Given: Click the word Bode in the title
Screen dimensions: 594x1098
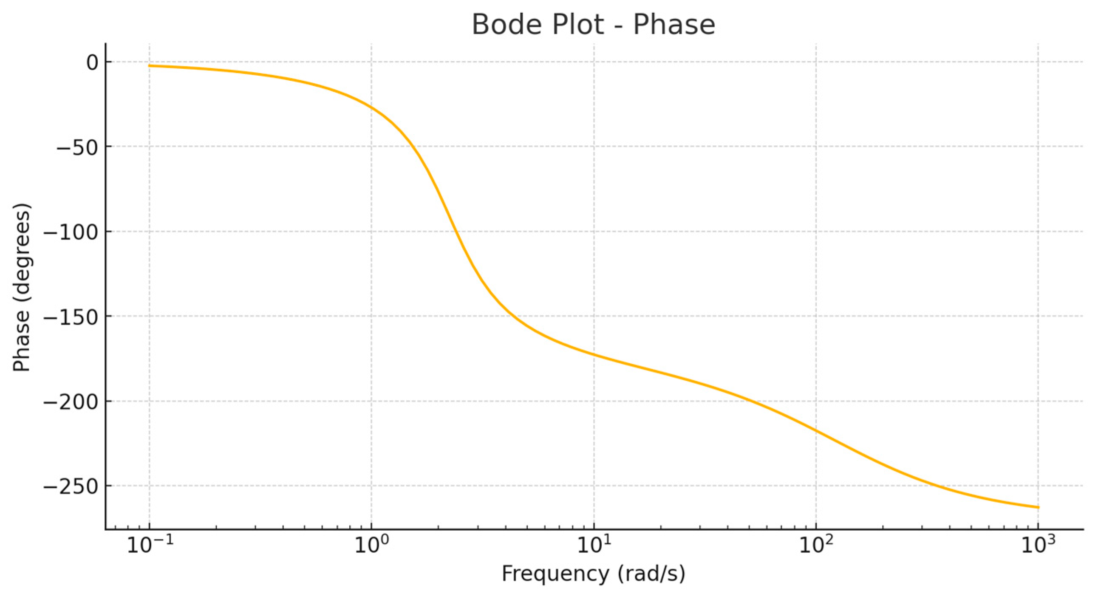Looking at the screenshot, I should (504, 25).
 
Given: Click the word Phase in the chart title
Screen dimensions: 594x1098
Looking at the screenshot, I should (674, 25).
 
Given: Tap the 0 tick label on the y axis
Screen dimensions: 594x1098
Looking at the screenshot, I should (93, 62).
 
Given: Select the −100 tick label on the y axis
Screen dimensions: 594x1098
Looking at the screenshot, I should (71, 232).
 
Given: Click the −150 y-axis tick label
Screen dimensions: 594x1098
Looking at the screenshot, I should (71, 317).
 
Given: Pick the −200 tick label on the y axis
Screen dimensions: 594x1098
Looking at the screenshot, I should (71, 402).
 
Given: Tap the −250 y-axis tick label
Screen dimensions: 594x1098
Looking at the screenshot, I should (71, 487).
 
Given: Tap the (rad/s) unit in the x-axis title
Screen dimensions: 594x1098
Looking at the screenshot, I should (651, 574).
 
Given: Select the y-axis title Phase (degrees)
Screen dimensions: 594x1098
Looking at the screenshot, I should (21, 288).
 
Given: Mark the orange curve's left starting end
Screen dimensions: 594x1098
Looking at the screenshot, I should (149, 65).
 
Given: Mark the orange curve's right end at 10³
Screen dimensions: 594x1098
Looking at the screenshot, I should (1039, 507).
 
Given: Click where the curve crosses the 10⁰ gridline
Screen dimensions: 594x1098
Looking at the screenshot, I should (372, 107).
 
